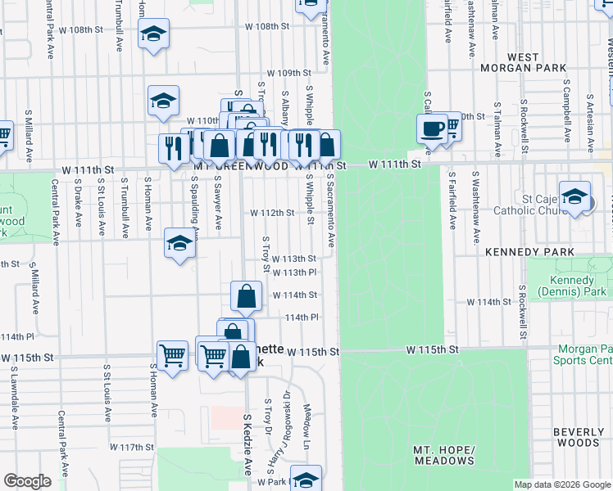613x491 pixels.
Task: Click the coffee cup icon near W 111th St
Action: click(432, 128)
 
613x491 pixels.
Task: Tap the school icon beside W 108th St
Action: click(153, 34)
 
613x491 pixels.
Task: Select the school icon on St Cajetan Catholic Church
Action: click(574, 197)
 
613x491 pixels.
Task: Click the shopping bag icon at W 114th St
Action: click(246, 296)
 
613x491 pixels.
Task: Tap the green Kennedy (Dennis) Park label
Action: click(573, 286)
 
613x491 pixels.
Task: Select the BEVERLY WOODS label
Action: click(579, 437)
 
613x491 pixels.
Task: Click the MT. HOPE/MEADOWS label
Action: click(444, 455)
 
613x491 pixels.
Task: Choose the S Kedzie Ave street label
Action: click(247, 444)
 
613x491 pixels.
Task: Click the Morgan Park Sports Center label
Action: click(582, 354)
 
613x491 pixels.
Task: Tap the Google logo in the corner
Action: click(27, 481)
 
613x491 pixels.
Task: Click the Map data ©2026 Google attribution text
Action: click(561, 484)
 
